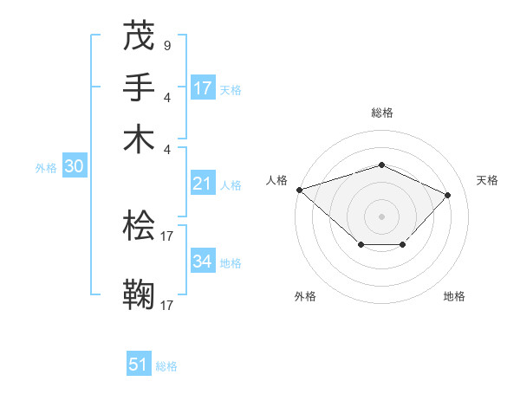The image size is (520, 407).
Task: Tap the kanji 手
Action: click(139, 87)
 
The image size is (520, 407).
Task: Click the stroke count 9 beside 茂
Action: click(166, 45)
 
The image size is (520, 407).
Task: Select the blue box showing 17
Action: click(203, 87)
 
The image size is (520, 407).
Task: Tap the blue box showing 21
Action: click(203, 184)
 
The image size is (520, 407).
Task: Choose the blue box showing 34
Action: click(203, 262)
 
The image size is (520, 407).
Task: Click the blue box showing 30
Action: click(74, 167)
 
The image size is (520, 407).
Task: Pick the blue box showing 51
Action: click(139, 365)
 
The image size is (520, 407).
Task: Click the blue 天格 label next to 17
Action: click(231, 89)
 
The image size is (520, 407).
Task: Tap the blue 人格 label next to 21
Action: click(231, 185)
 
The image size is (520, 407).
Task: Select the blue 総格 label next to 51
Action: click(166, 366)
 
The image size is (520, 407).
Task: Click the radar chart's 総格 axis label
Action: click(381, 113)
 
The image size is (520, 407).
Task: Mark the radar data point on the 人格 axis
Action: click(299, 189)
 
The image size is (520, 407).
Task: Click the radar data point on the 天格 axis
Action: click(447, 195)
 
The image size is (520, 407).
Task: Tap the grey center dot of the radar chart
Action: click(381, 216)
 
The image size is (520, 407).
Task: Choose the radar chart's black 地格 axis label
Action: click(454, 296)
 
